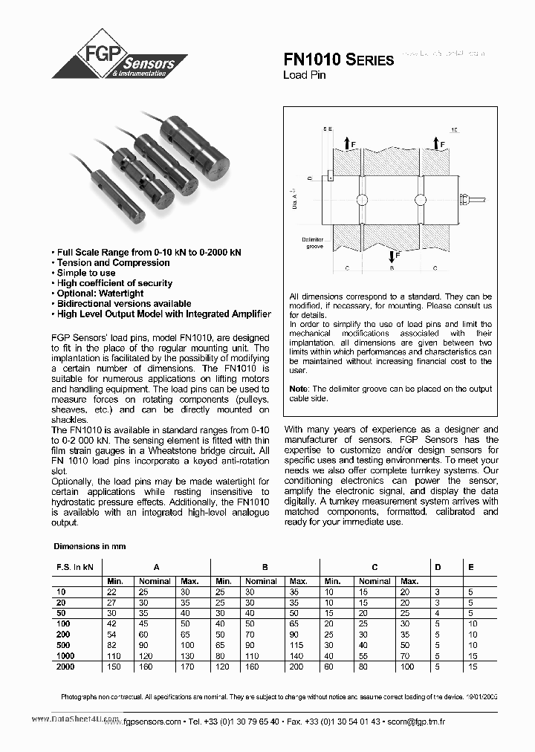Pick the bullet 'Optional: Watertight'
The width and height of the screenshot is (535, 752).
100,294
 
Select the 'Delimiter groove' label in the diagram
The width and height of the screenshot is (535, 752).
312,243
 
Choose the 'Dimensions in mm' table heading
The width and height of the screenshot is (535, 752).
89,546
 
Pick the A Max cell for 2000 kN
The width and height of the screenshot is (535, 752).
189,667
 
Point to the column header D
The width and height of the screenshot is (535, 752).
438,567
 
